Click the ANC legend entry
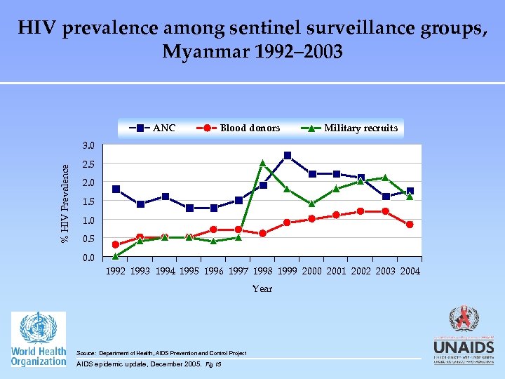[x=152, y=128]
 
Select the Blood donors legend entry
[x=238, y=128]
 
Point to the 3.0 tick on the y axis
[x=88, y=146]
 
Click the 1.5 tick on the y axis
[x=88, y=202]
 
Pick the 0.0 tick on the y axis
[x=88, y=258]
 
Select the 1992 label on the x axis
[x=116, y=271]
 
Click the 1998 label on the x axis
[x=263, y=271]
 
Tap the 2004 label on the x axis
[x=410, y=271]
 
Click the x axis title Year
[x=262, y=288]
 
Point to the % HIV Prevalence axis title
[x=65, y=204]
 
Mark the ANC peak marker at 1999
[x=288, y=155]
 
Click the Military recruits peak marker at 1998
[x=263, y=163]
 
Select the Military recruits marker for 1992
[x=116, y=256]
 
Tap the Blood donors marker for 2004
[x=410, y=225]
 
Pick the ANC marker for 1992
[x=116, y=189]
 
